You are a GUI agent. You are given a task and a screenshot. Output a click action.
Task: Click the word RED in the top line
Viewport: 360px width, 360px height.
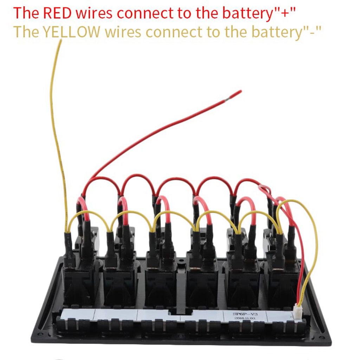pos(58,13)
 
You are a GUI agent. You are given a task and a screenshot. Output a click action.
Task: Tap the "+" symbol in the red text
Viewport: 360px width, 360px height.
pos(287,13)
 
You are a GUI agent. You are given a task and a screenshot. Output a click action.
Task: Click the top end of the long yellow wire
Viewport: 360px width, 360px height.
pos(60,41)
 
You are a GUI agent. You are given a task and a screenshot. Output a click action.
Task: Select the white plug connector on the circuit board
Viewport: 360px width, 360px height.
pos(298,312)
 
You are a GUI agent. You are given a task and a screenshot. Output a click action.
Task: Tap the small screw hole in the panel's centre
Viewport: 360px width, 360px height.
pos(181,262)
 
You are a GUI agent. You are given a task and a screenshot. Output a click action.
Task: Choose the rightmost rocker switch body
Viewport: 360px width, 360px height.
pos(283,281)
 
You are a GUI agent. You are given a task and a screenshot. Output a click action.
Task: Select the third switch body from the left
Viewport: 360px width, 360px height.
pos(161,281)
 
